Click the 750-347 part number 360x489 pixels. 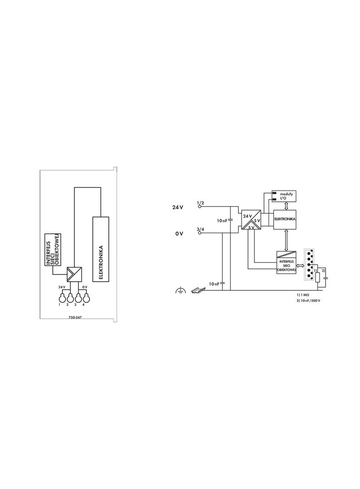[75, 318]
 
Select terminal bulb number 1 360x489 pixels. [62, 298]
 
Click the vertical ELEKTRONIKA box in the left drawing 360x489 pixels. [101, 249]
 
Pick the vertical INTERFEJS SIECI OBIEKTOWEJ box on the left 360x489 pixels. [53, 250]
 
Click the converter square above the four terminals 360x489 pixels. [74, 274]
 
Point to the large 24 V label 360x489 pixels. [178, 207]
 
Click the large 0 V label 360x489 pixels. [179, 233]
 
